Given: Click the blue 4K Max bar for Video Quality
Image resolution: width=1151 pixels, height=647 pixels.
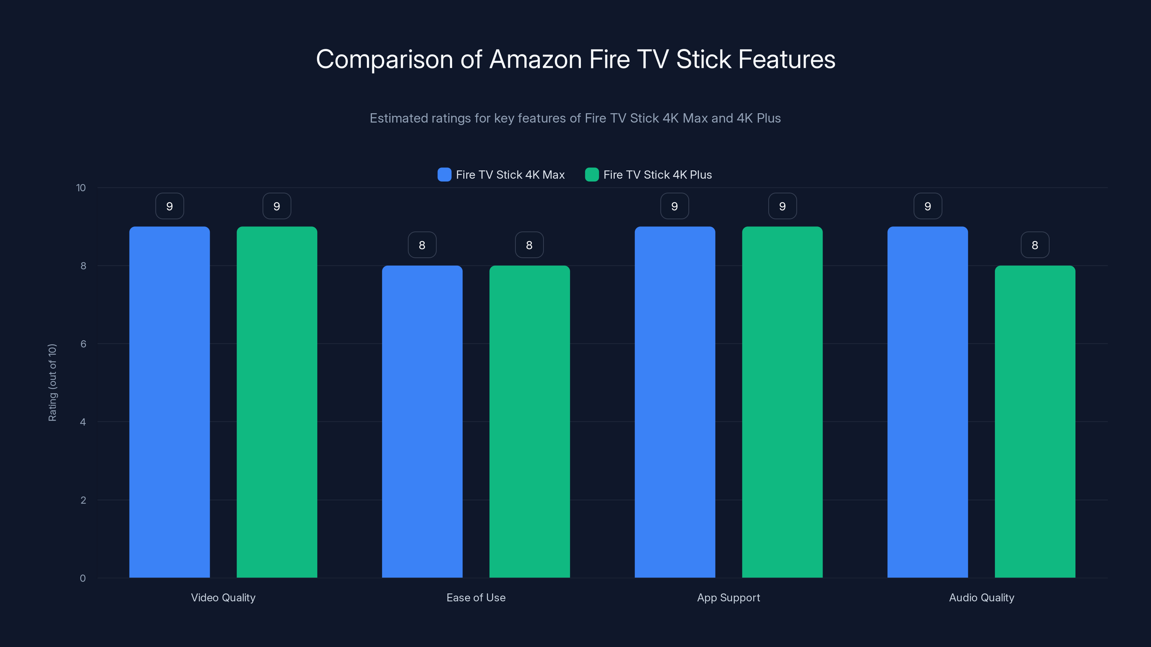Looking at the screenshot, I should (x=169, y=402).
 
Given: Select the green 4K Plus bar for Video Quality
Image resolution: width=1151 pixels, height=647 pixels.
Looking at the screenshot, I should (x=277, y=402).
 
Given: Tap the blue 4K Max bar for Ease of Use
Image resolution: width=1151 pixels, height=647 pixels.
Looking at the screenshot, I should (x=422, y=422).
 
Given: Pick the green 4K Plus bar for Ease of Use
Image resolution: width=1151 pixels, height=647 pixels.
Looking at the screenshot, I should (x=529, y=422).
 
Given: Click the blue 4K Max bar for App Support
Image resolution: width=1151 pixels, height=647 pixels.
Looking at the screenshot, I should (x=675, y=402).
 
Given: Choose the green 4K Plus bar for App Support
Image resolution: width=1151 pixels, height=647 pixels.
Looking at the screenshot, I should (x=782, y=402).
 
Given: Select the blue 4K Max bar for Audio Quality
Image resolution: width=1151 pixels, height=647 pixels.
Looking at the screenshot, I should (x=928, y=402).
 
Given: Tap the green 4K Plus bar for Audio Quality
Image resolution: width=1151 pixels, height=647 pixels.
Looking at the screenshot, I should (x=1035, y=422).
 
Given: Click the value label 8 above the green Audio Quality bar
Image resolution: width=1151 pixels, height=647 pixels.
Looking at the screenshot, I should (x=1035, y=245).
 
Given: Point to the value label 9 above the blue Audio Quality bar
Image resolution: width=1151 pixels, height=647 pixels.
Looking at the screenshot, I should (x=928, y=206).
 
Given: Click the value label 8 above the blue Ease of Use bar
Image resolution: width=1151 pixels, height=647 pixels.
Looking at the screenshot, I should (x=422, y=245).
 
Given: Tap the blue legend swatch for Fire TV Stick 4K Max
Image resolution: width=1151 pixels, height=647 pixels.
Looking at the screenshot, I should (x=444, y=175).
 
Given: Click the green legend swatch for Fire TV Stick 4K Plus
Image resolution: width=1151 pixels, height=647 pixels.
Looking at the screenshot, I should (x=592, y=175).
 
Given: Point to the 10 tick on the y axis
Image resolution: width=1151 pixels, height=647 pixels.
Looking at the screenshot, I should (x=81, y=188).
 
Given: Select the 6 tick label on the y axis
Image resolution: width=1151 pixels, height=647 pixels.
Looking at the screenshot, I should (x=83, y=344).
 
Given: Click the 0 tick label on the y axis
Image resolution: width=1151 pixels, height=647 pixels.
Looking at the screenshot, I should (x=83, y=578).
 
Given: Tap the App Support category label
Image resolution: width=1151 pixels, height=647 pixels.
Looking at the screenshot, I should (x=728, y=597).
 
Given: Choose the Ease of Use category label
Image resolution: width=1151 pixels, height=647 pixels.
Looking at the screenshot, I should (x=476, y=597).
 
